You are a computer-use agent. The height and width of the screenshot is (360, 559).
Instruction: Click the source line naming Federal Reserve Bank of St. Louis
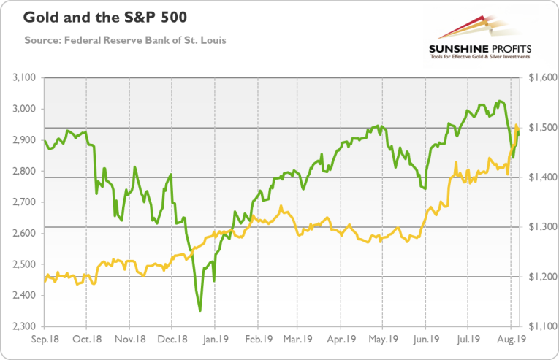coord(126,39)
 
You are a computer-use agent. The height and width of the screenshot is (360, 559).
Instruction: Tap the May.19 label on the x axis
coord(384,340)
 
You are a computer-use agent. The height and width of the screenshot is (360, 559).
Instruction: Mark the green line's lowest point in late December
coord(199,311)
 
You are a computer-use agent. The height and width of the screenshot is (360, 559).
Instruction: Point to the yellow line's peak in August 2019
coord(516,125)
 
